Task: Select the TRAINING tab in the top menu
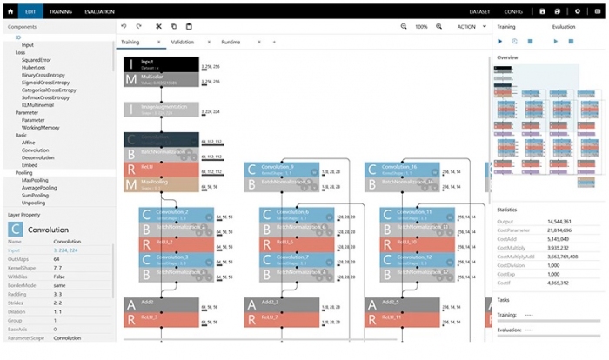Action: point(60,11)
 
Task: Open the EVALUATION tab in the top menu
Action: point(100,11)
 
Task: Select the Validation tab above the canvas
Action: point(183,41)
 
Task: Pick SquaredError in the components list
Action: point(37,60)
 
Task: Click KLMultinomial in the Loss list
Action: point(38,104)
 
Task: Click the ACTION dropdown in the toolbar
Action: point(471,27)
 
